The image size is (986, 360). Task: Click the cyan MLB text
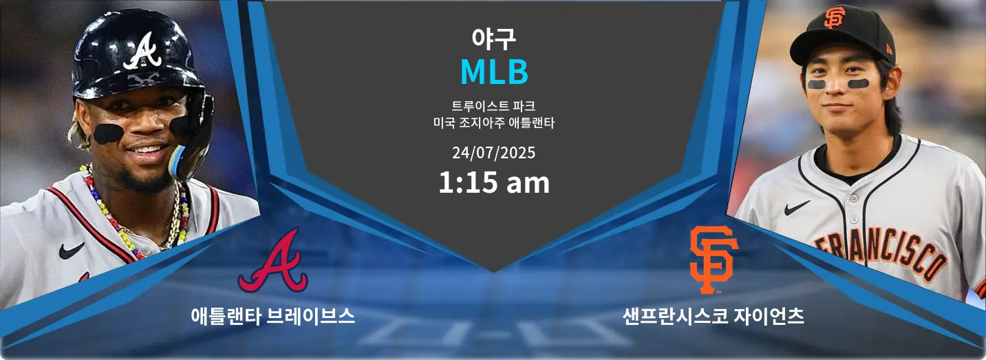tap(494, 72)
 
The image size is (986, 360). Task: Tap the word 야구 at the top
tap(493, 39)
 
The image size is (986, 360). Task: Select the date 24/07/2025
tap(493, 153)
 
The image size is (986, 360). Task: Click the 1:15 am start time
tap(494, 182)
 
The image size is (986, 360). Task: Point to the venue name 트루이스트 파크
tap(493, 106)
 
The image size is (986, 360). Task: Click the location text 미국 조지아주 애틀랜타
tap(493, 123)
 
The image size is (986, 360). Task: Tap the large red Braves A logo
tap(273, 261)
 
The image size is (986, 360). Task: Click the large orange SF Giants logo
tap(714, 260)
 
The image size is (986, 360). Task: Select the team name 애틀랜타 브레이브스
tap(273, 316)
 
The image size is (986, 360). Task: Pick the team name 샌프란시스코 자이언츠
tap(713, 316)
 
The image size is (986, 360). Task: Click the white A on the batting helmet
tap(142, 51)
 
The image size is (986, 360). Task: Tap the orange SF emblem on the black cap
tap(835, 18)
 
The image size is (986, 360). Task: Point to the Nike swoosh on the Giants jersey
tap(797, 208)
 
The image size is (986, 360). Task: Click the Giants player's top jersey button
tap(853, 198)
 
